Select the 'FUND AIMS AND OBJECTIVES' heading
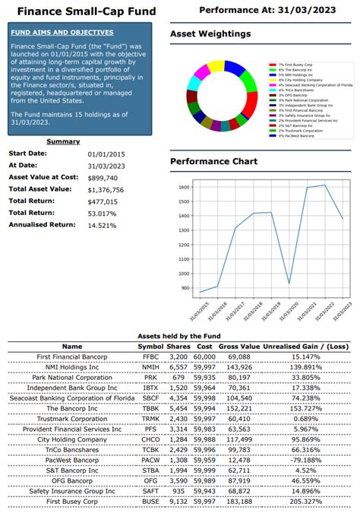(62, 33)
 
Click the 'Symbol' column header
(150, 346)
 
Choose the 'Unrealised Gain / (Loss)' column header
(299, 346)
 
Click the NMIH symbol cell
(150, 366)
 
